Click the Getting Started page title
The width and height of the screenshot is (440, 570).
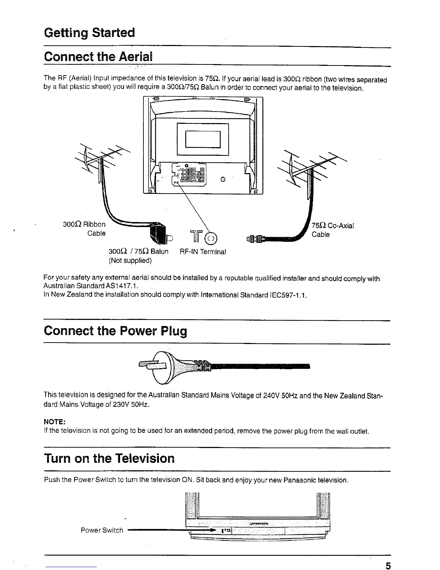click(x=89, y=33)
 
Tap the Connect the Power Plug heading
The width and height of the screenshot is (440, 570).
click(x=115, y=331)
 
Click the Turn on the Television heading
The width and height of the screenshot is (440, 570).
click(x=109, y=458)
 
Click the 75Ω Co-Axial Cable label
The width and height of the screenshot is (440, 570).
click(x=333, y=230)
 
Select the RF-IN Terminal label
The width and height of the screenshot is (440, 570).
click(x=202, y=252)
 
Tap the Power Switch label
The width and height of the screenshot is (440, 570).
click(x=102, y=530)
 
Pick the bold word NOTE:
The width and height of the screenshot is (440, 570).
click(x=54, y=421)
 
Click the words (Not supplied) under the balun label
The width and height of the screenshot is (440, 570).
click(x=130, y=260)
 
